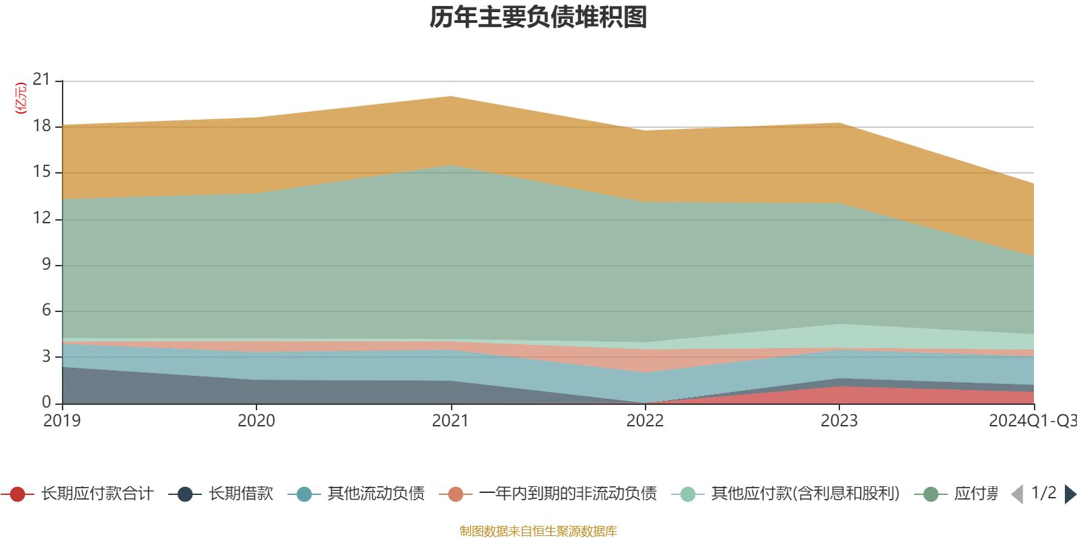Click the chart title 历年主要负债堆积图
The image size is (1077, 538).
[x=538, y=17]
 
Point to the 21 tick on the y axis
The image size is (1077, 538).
[x=42, y=80]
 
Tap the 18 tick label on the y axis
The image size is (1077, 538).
[x=42, y=126]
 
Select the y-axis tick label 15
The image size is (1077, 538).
[x=42, y=172]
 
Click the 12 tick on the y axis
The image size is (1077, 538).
[x=42, y=219]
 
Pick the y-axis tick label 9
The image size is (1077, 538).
[x=46, y=264]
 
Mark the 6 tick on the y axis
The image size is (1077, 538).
[x=46, y=310]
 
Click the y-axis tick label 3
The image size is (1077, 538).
[x=46, y=356]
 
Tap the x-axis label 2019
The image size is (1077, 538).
[x=62, y=421]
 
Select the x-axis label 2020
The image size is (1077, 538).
[x=256, y=421]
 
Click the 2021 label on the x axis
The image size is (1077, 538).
[x=450, y=421]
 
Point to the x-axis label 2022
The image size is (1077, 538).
[x=645, y=421]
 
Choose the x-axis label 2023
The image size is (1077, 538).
[x=839, y=421]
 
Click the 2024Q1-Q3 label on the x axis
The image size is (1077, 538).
[x=1031, y=421]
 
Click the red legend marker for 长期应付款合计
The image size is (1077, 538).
[x=18, y=494]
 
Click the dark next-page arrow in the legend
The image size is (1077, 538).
[x=1070, y=494]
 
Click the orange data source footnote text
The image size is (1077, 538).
[x=538, y=531]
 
